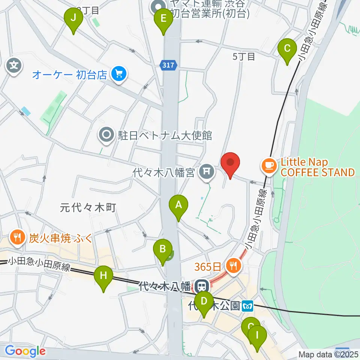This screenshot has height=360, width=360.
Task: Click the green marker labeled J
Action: (x=73, y=18)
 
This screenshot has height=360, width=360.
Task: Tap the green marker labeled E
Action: (x=163, y=19)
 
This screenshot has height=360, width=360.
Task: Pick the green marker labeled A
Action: (x=178, y=205)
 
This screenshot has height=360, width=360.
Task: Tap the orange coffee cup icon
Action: (x=269, y=165)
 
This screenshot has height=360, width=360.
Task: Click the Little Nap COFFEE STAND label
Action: (x=317, y=168)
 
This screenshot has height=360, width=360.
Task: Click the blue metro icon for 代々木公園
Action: (x=248, y=306)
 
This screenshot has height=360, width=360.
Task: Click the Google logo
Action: (x=25, y=351)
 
